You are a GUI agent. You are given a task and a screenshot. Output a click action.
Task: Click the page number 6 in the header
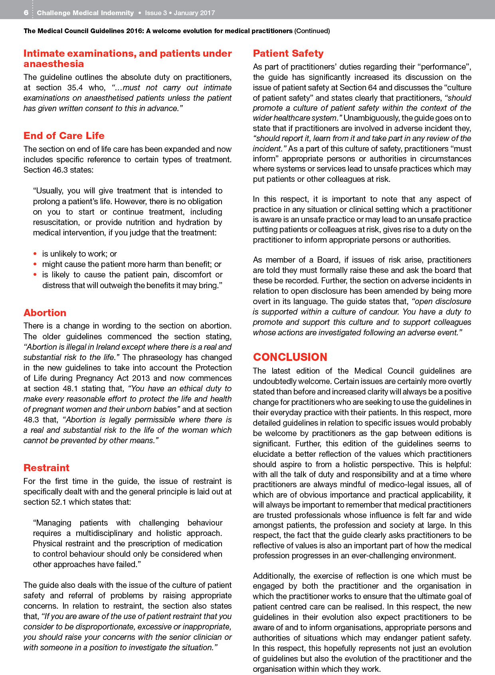coord(26,13)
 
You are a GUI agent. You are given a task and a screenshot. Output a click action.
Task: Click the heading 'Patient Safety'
coord(288,54)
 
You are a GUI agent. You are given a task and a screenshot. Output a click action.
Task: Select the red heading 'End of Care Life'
coord(64,136)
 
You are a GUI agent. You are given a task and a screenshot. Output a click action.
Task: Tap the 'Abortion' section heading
coord(45,313)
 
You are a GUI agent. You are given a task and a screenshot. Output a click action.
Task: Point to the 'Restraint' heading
coord(46,468)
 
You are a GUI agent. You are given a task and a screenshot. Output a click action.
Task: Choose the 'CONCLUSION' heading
coord(290,357)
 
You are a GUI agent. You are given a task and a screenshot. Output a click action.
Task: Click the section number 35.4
coord(75,88)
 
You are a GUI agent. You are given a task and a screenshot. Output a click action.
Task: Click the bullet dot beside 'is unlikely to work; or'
coord(35,254)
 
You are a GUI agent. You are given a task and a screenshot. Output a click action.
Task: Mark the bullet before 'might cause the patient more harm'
coord(35,264)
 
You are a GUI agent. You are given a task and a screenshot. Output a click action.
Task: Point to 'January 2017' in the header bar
coord(194,13)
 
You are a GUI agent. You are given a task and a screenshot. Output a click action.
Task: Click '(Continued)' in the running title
coord(312,31)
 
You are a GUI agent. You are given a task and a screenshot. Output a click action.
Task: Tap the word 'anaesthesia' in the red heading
coord(53,64)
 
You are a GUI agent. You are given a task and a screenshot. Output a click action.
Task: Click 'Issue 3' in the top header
coord(156,13)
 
